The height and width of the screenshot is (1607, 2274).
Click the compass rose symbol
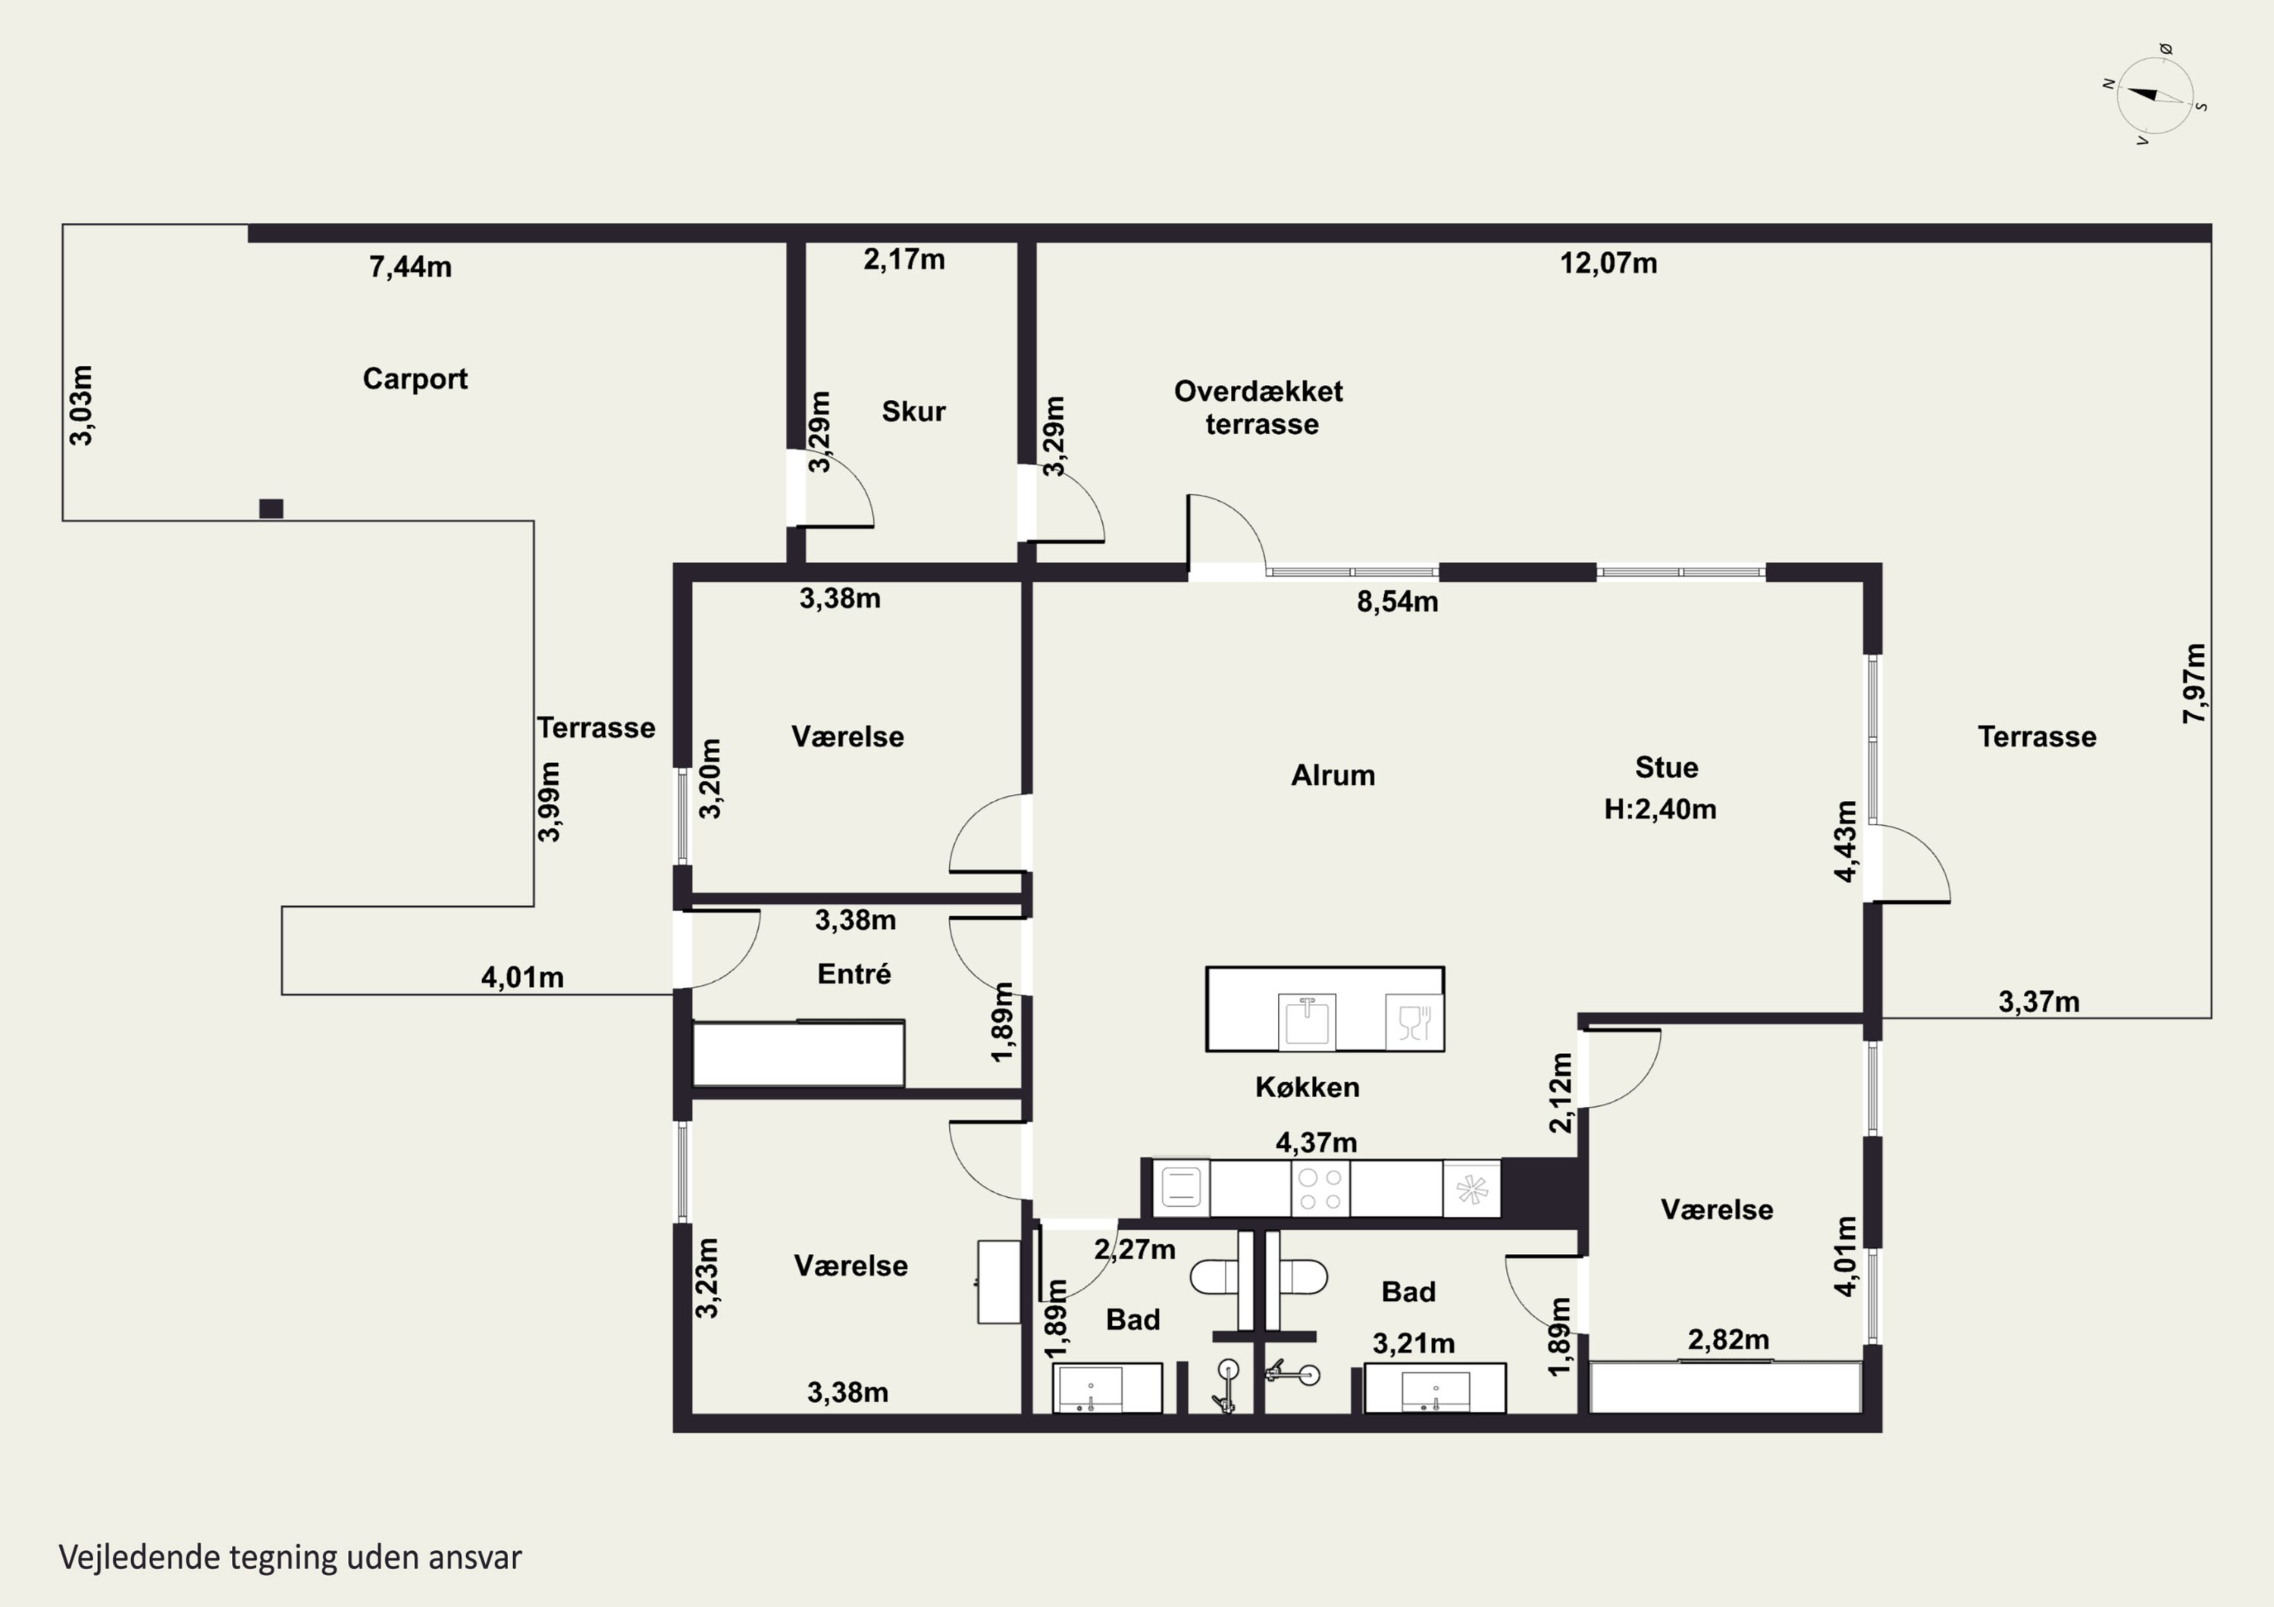(2154, 95)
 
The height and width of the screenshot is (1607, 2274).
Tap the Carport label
(415, 380)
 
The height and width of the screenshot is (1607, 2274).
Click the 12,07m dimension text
(1608, 264)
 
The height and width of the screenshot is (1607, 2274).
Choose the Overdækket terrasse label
(1259, 407)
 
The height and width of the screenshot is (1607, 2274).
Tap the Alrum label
(1333, 774)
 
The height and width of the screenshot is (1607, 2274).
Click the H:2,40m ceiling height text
(1660, 809)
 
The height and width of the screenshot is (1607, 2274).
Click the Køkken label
(1308, 1087)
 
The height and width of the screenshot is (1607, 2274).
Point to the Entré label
(854, 974)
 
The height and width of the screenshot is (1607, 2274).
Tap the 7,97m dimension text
(2194, 683)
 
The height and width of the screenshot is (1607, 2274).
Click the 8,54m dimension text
(1398, 602)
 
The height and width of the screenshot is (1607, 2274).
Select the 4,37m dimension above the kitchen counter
(1316, 1143)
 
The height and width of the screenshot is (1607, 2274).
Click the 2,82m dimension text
(1728, 1340)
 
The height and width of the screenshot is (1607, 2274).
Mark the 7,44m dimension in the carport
(410, 267)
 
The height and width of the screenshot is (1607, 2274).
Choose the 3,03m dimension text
(81, 405)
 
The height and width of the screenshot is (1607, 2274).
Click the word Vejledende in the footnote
(139, 1556)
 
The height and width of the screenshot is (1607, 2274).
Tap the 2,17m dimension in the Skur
(904, 259)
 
